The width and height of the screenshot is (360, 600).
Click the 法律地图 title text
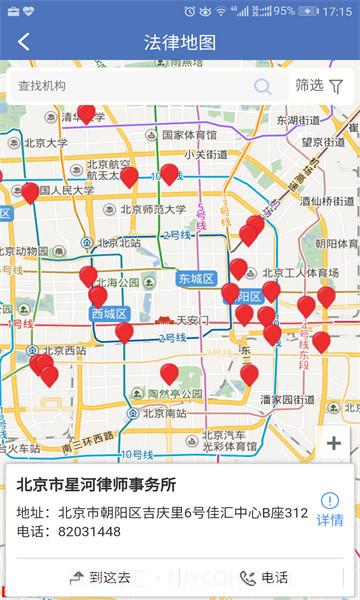tap(180, 42)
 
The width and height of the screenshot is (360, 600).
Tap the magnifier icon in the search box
tap(263, 86)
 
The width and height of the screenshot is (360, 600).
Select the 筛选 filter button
tap(320, 86)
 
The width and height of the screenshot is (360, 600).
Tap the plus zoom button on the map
tap(334, 443)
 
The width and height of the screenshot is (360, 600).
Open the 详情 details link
tap(330, 510)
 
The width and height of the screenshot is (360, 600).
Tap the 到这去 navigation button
tap(100, 577)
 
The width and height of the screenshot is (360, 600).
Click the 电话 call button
tap(264, 577)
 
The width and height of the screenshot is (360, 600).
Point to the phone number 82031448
tap(87, 532)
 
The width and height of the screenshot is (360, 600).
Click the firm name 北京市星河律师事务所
tap(96, 485)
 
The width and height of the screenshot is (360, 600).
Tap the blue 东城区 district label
tap(197, 277)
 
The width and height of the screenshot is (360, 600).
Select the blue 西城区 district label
tap(110, 314)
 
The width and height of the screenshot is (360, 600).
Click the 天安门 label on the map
tap(190, 321)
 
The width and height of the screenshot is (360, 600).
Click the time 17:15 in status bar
tap(338, 11)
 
